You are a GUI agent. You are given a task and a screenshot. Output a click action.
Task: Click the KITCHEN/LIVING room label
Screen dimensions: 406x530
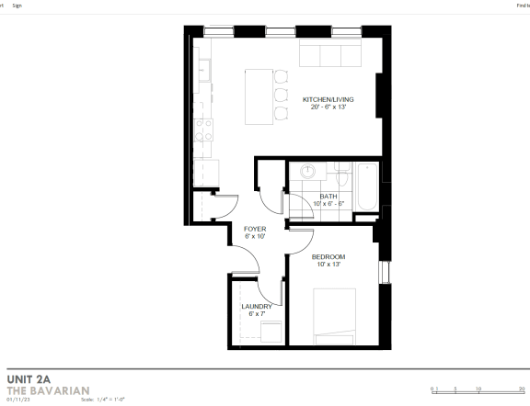(x=328, y=99)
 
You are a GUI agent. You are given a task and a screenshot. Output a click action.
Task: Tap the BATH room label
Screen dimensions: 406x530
(x=328, y=197)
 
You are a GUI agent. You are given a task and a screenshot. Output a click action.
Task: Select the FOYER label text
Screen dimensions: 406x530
(x=255, y=229)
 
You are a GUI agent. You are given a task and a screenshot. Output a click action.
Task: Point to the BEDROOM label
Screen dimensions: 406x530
(x=328, y=256)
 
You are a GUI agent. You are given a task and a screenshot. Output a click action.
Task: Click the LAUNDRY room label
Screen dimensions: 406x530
(x=256, y=307)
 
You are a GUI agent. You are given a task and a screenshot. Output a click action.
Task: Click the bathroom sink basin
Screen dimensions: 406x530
(x=308, y=171)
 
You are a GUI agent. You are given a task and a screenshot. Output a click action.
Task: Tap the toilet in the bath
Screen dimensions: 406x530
(x=340, y=172)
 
